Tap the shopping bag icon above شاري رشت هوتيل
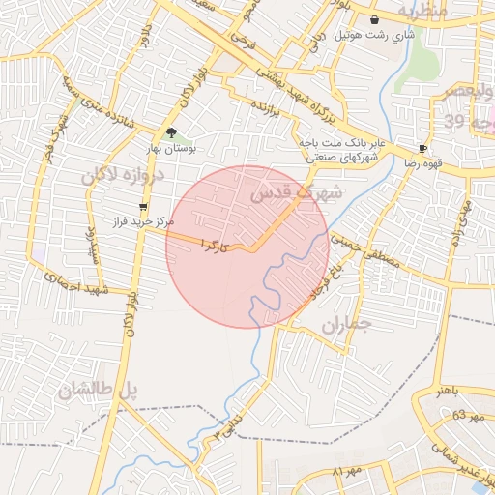[374, 19]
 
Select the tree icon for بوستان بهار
[172, 133]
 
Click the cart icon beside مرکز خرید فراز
[143, 206]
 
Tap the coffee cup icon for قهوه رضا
[422, 148]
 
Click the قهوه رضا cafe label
[423, 163]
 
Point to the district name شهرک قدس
[297, 192]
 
